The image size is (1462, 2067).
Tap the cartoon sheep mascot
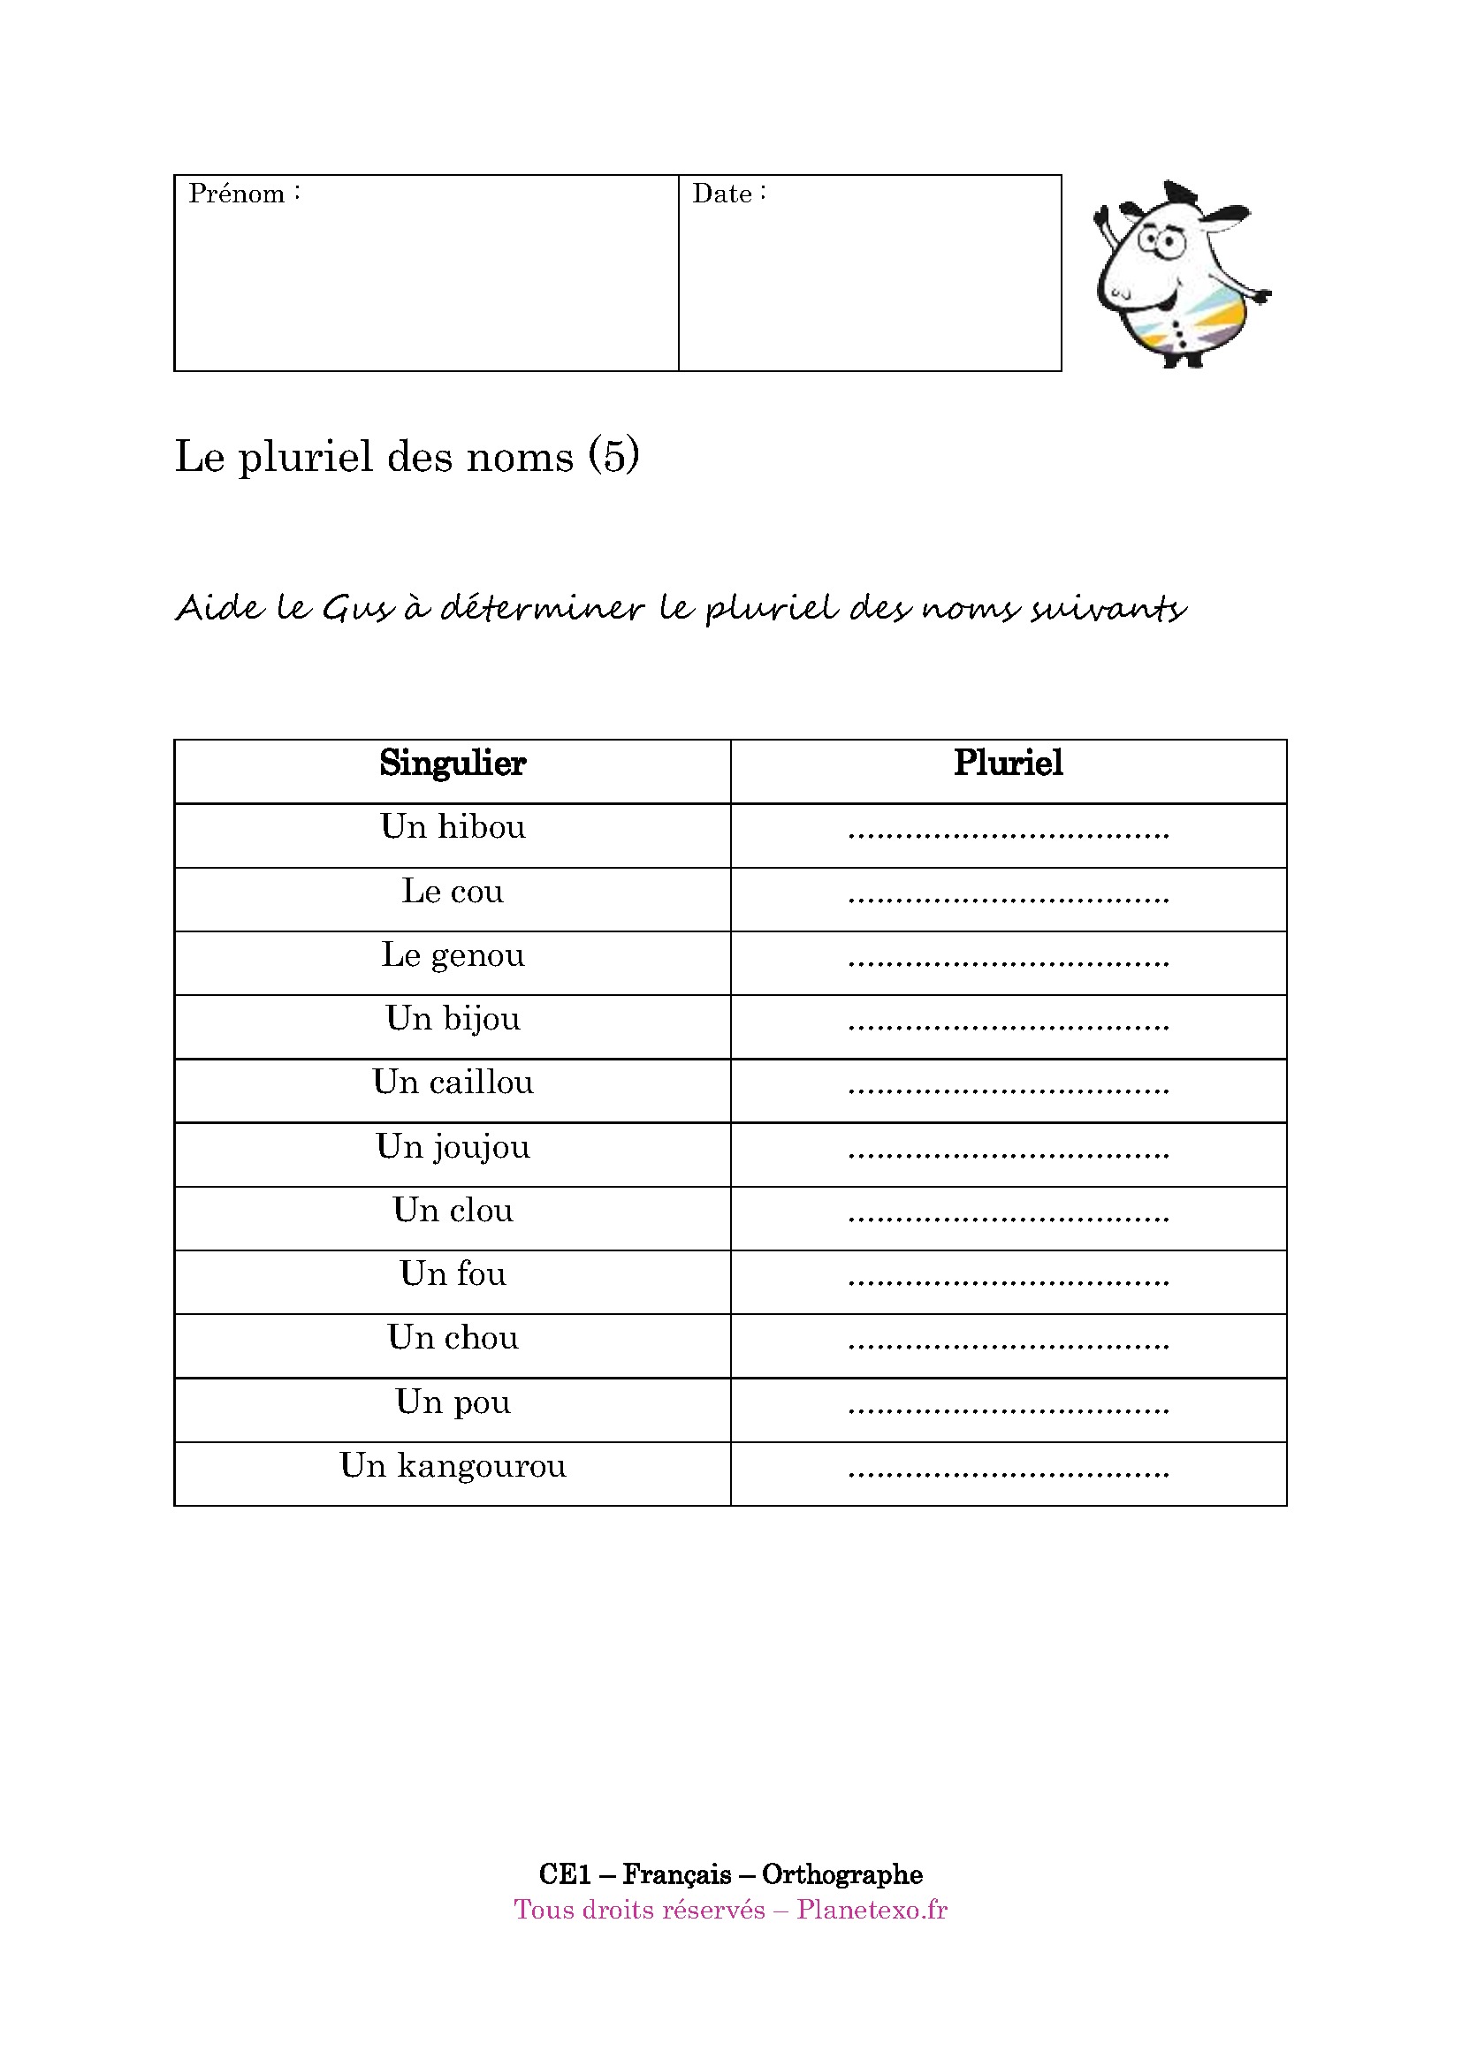[x=1180, y=276]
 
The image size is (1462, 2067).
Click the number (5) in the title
[x=614, y=455]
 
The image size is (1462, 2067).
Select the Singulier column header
[x=452, y=764]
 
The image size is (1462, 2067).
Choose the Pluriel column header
[x=1009, y=764]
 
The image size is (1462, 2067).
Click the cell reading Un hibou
[x=452, y=827]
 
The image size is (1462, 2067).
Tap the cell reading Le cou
[x=452, y=892]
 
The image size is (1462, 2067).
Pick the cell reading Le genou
[x=452, y=955]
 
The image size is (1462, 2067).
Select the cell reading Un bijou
[x=452, y=1019]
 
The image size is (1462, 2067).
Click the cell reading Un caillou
[x=452, y=1083]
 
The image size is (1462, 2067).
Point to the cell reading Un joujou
[x=452, y=1147]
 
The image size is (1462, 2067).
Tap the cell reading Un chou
[x=452, y=1339]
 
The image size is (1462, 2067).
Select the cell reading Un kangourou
[x=452, y=1467]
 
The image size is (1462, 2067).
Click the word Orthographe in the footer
[x=841, y=1875]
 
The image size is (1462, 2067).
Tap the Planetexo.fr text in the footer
[x=872, y=1911]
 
